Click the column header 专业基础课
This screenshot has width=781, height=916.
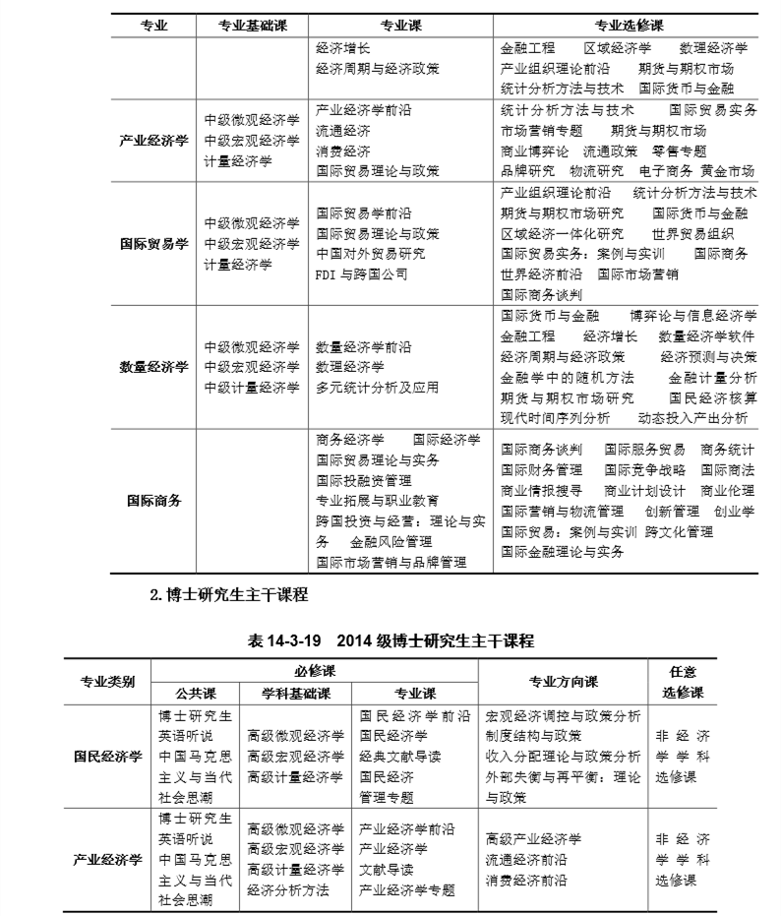[x=251, y=26]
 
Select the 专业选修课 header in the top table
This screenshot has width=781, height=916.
[x=629, y=26]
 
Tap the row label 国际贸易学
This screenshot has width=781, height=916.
[x=153, y=244]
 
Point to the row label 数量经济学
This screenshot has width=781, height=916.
[x=153, y=367]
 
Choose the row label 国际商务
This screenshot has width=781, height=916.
[x=153, y=501]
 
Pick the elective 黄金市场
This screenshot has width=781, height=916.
[x=730, y=171]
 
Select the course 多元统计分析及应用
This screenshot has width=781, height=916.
[x=377, y=388]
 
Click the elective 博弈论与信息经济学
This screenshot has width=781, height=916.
[x=693, y=316]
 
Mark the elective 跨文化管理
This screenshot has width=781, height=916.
[x=680, y=532]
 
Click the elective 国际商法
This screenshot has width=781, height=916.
[x=728, y=470]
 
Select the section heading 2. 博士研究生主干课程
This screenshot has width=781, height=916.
[x=228, y=594]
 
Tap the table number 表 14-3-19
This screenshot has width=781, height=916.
[x=286, y=641]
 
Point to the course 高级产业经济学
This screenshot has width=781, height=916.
[x=533, y=839]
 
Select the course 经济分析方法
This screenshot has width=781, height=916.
[x=288, y=890]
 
